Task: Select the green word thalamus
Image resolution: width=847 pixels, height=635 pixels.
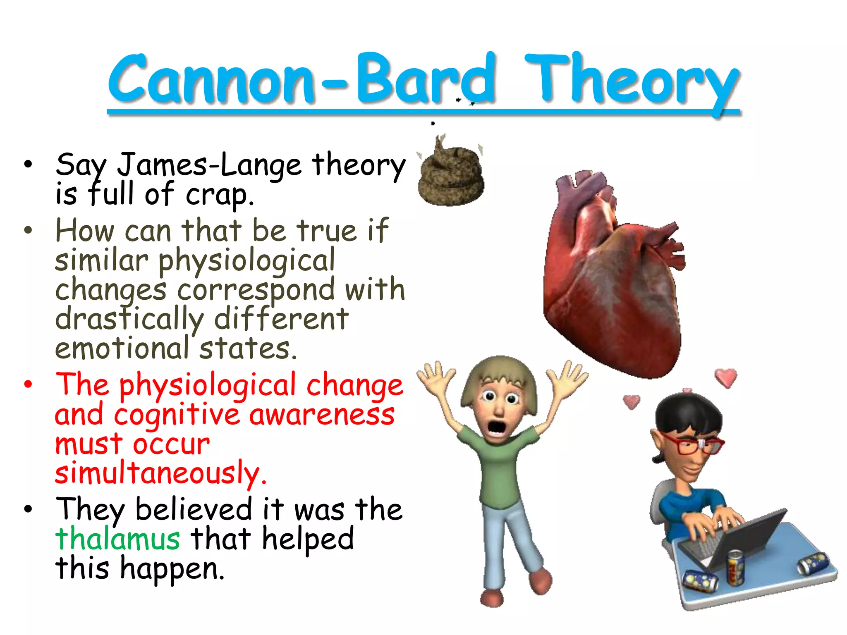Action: tap(118, 539)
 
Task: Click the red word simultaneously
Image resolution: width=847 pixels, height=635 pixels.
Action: tap(160, 473)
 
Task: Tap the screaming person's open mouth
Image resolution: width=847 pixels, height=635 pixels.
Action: tap(496, 428)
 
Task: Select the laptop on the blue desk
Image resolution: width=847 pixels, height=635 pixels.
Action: tap(732, 537)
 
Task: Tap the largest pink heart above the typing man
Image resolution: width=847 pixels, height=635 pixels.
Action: tap(726, 377)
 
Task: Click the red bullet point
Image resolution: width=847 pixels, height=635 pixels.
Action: tap(28, 385)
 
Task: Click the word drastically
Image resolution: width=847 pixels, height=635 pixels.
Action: tap(129, 320)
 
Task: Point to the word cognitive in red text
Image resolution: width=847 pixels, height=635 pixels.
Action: tap(177, 415)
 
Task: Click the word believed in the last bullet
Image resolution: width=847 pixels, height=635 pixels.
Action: tap(194, 509)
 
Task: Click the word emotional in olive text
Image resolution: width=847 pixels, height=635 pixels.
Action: tap(122, 349)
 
